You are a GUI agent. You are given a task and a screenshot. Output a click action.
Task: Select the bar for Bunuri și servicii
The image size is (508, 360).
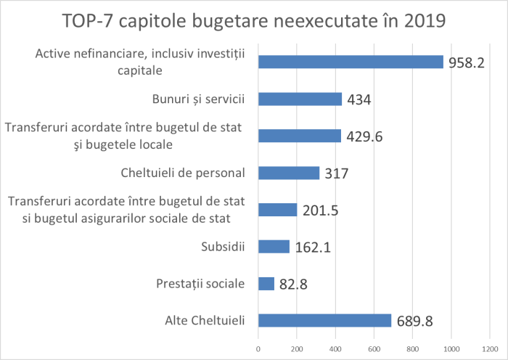point(300,99)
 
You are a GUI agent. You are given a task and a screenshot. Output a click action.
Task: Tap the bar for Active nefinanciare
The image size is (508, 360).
point(351,62)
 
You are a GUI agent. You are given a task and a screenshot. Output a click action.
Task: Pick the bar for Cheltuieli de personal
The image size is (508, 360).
point(289,173)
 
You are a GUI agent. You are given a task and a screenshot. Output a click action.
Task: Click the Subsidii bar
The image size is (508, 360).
point(274,247)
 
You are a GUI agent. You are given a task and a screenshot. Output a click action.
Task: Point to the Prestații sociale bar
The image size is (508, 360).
point(266,284)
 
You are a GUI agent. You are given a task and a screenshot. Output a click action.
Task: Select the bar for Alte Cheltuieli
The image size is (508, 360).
point(324,320)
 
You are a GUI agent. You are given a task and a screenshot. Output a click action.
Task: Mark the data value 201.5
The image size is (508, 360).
point(321,210)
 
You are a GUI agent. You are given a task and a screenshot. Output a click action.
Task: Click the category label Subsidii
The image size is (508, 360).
point(223,247)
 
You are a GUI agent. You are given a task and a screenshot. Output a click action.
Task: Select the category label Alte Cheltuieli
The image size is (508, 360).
point(201,320)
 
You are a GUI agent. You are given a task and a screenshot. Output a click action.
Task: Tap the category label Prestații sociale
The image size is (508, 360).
point(201,284)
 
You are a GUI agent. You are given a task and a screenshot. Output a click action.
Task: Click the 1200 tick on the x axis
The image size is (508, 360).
point(490,350)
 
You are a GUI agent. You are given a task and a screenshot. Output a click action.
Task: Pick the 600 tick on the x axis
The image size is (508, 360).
point(374,350)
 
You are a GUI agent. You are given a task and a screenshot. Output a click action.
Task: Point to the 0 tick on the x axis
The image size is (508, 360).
point(258,350)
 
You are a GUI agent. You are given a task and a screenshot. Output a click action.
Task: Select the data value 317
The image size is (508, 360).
point(337,173)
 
